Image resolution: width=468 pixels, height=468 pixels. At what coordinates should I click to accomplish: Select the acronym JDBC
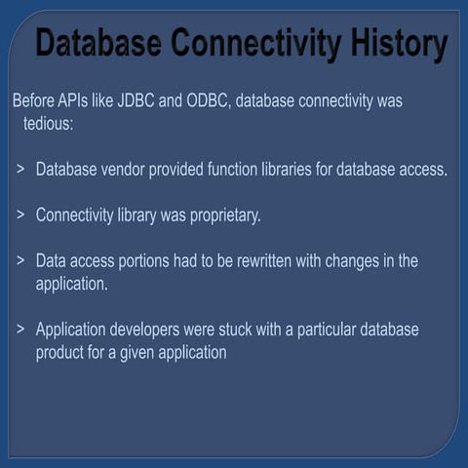tap(137, 100)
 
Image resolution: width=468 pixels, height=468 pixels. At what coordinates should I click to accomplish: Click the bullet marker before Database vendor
tap(20, 170)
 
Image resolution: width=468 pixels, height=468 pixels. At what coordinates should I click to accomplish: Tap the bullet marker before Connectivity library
tap(20, 215)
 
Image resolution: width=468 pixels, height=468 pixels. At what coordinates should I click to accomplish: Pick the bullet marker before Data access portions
tap(20, 261)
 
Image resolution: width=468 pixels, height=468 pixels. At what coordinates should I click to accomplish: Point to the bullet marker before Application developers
tap(20, 330)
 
